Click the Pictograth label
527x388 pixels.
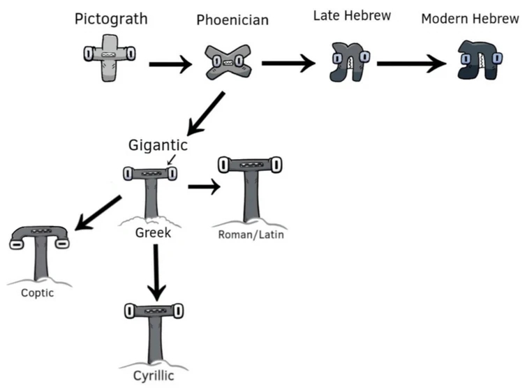[111, 19]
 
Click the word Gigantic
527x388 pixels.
[158, 145]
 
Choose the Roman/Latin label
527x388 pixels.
[251, 234]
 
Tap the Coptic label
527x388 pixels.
[37, 292]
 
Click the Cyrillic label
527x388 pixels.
[154, 377]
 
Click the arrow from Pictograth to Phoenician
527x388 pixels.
[170, 66]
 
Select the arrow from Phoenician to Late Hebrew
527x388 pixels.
[288, 64]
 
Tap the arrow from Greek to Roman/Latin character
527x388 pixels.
[203, 187]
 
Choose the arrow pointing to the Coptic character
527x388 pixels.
[98, 213]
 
